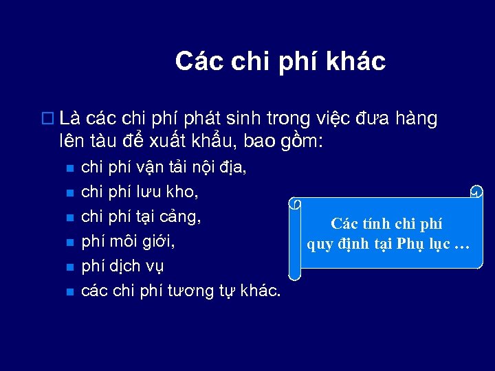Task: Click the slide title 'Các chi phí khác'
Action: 280,61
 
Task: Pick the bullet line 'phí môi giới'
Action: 124,241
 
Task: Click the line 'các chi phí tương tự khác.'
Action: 181,291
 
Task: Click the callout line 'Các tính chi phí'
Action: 386,223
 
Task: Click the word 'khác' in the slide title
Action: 359,61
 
